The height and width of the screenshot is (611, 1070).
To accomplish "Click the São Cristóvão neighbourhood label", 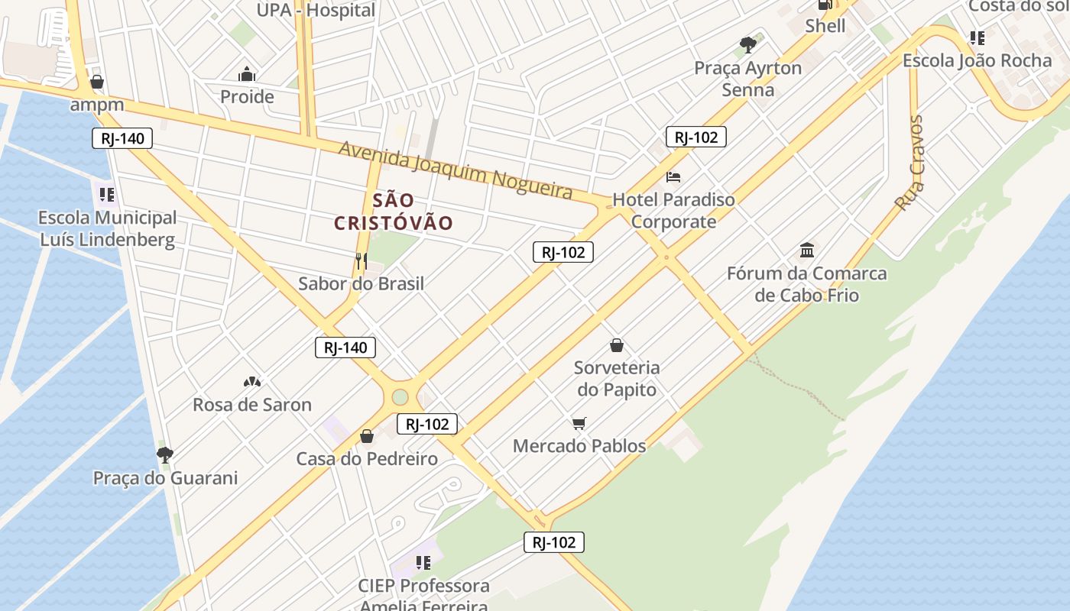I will [394, 212].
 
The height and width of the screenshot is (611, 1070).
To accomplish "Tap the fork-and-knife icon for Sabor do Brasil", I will [361, 261].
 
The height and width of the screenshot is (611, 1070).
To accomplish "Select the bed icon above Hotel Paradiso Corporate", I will [673, 177].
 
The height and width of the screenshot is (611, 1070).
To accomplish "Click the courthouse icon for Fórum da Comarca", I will [806, 250].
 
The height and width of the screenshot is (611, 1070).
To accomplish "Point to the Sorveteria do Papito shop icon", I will [617, 345].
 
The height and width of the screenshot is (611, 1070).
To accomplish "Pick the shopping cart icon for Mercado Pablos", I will [579, 423].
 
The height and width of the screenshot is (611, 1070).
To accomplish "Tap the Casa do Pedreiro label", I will [367, 459].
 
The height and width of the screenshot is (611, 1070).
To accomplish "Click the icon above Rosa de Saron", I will [251, 381].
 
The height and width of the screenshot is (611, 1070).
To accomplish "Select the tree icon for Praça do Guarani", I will [164, 455].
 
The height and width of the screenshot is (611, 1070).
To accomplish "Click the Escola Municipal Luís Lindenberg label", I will [108, 229].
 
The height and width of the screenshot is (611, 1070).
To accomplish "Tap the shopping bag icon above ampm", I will [97, 82].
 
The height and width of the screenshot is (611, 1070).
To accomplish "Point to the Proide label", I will [247, 97].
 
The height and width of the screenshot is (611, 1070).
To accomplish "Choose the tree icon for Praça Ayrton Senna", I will [747, 45].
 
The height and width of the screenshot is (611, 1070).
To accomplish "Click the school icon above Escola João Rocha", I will [977, 37].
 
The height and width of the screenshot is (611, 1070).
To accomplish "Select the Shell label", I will [825, 26].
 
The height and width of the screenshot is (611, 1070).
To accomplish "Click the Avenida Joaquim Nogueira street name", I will [456, 170].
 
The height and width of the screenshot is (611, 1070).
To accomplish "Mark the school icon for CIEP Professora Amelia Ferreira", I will [423, 563].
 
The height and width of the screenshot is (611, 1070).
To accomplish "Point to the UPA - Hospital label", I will [316, 10].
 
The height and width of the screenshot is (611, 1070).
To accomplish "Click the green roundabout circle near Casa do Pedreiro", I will [400, 397].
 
